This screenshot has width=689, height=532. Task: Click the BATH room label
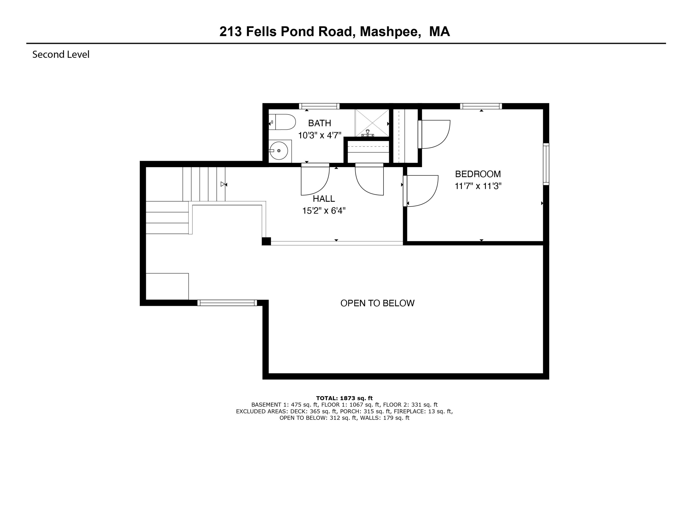pyautogui.click(x=319, y=123)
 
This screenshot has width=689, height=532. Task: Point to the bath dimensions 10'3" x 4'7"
pyautogui.click(x=319, y=135)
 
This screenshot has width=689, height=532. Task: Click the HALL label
pyautogui.click(x=324, y=199)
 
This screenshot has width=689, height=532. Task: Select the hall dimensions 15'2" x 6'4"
pyautogui.click(x=324, y=210)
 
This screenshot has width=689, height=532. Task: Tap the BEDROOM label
pyautogui.click(x=478, y=174)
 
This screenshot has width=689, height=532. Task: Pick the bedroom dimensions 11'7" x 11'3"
pyautogui.click(x=478, y=186)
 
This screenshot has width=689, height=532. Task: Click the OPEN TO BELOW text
pyautogui.click(x=377, y=303)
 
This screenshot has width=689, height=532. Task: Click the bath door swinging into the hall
pyautogui.click(x=315, y=180)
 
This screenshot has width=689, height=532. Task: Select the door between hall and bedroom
pyautogui.click(x=421, y=191)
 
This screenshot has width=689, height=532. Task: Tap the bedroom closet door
pyautogui.click(x=434, y=134)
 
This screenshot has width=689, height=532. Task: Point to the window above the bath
pyautogui.click(x=319, y=106)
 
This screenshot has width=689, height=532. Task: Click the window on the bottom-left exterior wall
pyautogui.click(x=227, y=303)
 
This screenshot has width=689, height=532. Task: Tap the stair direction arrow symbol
pyautogui.click(x=224, y=184)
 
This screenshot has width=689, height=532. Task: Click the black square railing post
pyautogui.click(x=266, y=241)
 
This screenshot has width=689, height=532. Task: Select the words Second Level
pyautogui.click(x=61, y=55)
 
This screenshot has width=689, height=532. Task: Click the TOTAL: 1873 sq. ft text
pyautogui.click(x=344, y=398)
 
